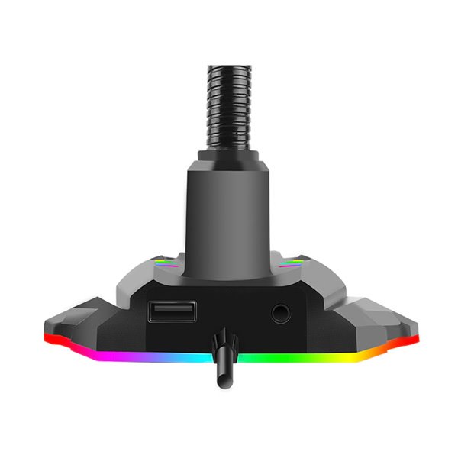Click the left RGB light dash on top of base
[166, 262]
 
